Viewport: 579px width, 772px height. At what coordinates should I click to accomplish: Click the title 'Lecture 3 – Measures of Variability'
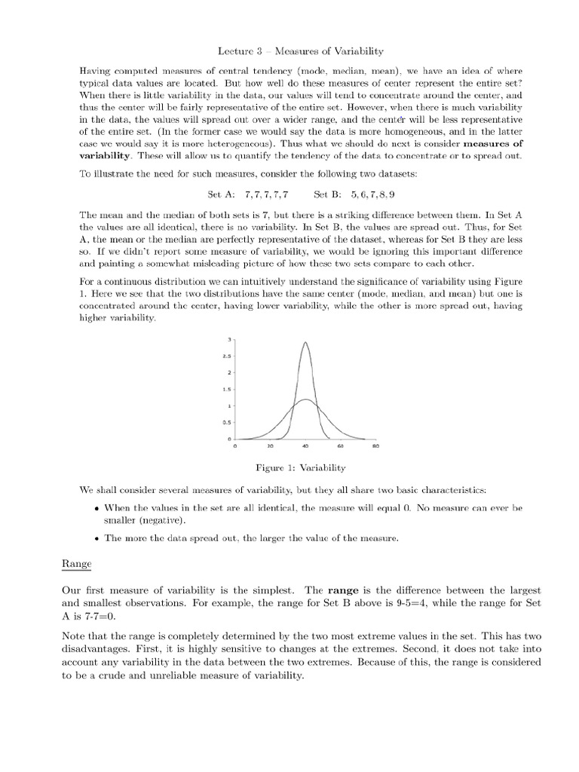[290, 51]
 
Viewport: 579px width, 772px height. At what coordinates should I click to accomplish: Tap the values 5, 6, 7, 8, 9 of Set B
[351, 194]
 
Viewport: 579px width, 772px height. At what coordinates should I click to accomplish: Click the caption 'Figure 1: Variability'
[289, 468]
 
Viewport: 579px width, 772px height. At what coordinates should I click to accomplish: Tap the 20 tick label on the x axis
[270, 446]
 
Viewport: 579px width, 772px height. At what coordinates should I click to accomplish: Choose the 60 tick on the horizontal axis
[340, 446]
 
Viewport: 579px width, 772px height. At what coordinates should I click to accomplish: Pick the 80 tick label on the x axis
[375, 446]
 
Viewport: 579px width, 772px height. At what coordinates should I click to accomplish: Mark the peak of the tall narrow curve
[305, 343]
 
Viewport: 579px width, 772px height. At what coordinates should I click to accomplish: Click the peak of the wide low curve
[305, 400]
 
